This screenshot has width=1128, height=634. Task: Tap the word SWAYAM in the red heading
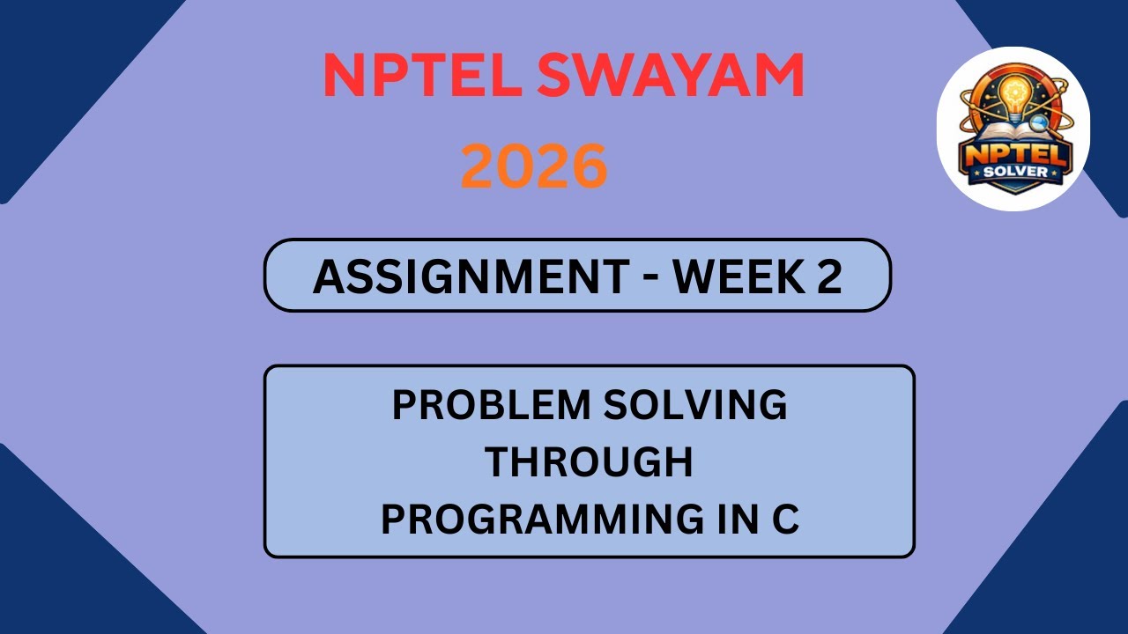point(669,76)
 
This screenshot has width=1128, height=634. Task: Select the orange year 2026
point(534,166)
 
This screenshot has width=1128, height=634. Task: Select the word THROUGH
point(590,462)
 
